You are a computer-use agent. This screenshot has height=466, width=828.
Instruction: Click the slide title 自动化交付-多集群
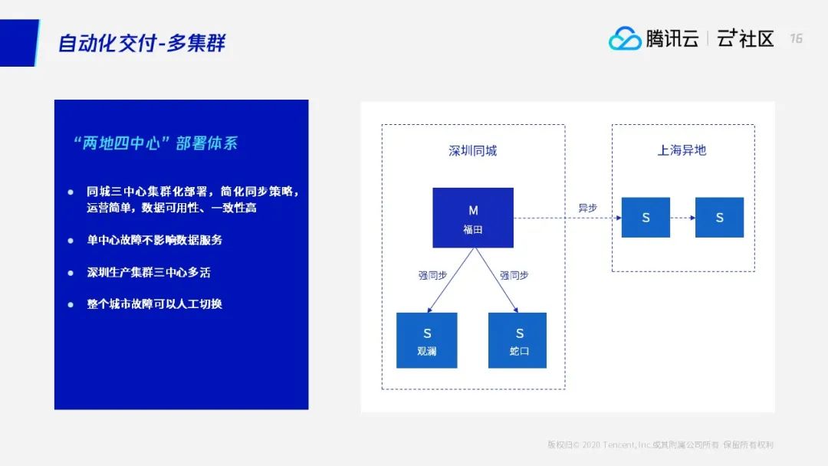pos(142,42)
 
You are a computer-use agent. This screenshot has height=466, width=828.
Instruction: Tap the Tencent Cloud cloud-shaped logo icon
pos(625,38)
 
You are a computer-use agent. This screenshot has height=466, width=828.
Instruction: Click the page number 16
pos(796,38)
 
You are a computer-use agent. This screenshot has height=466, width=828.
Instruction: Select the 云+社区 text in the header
pos(745,38)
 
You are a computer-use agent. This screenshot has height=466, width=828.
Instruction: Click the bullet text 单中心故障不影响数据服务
pos(154,240)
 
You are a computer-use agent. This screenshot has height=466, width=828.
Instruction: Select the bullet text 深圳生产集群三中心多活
pos(154,272)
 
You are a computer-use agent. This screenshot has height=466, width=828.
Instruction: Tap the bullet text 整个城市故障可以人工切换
pos(154,304)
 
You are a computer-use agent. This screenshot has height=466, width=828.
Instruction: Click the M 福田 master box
pos(473,218)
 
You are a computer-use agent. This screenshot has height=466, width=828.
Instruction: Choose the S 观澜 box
pos(427,340)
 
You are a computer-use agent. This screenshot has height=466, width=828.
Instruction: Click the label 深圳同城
pos(473,151)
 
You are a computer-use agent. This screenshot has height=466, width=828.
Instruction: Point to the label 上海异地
pos(682,150)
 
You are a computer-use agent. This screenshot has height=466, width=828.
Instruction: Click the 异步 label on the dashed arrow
pos(588,208)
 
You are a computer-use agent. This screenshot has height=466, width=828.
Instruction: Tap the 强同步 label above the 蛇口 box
pos(514,275)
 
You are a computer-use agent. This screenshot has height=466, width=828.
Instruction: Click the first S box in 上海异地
pos(646,218)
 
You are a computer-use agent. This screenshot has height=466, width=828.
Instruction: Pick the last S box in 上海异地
pos(719,218)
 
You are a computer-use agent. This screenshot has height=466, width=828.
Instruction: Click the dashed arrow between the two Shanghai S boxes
pos(682,218)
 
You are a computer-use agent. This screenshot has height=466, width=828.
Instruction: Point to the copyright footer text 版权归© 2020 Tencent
pos(660,445)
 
